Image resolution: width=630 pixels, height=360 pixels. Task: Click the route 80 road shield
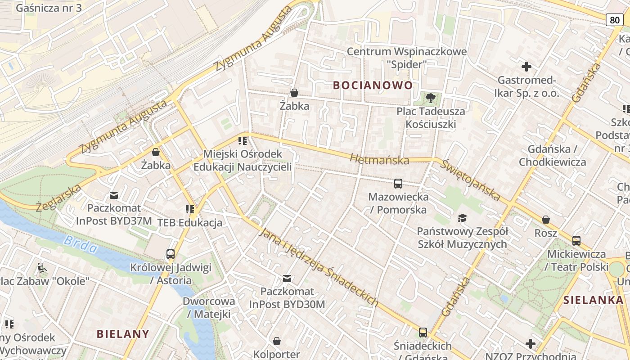615,19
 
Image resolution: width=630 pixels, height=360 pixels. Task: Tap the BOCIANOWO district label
373,85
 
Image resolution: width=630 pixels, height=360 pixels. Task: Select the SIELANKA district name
594,300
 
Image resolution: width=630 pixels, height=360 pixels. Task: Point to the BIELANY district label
123,334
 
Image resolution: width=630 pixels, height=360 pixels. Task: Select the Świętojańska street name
470,180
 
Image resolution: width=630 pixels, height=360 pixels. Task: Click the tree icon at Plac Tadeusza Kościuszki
431,98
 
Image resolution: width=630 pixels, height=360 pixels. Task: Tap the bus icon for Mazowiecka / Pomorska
398,184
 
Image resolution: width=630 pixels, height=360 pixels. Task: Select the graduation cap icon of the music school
462,218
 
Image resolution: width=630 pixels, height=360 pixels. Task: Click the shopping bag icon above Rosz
545,220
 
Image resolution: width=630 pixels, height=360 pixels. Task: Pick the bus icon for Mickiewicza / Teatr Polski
576,241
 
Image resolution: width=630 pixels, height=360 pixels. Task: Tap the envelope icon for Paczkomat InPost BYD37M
114,195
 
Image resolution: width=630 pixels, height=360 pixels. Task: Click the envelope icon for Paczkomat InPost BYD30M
287,279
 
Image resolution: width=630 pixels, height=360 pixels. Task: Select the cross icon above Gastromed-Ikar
526,67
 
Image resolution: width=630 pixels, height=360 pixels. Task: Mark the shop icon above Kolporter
276,341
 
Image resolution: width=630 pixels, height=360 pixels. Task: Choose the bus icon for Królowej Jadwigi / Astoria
170,254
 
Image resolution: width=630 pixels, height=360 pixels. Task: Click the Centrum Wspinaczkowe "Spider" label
406,58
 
